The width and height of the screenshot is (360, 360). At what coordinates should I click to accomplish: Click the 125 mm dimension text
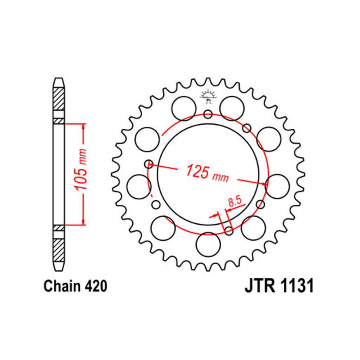click(207, 173)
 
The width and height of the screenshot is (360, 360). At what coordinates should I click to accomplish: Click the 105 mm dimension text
click(81, 169)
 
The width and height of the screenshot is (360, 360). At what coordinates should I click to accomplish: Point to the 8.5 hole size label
click(235, 201)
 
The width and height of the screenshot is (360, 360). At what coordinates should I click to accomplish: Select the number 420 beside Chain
click(96, 286)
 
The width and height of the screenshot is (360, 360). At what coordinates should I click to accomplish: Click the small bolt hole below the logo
click(208, 114)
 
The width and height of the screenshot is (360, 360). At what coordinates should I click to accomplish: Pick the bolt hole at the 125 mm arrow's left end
click(149, 164)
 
